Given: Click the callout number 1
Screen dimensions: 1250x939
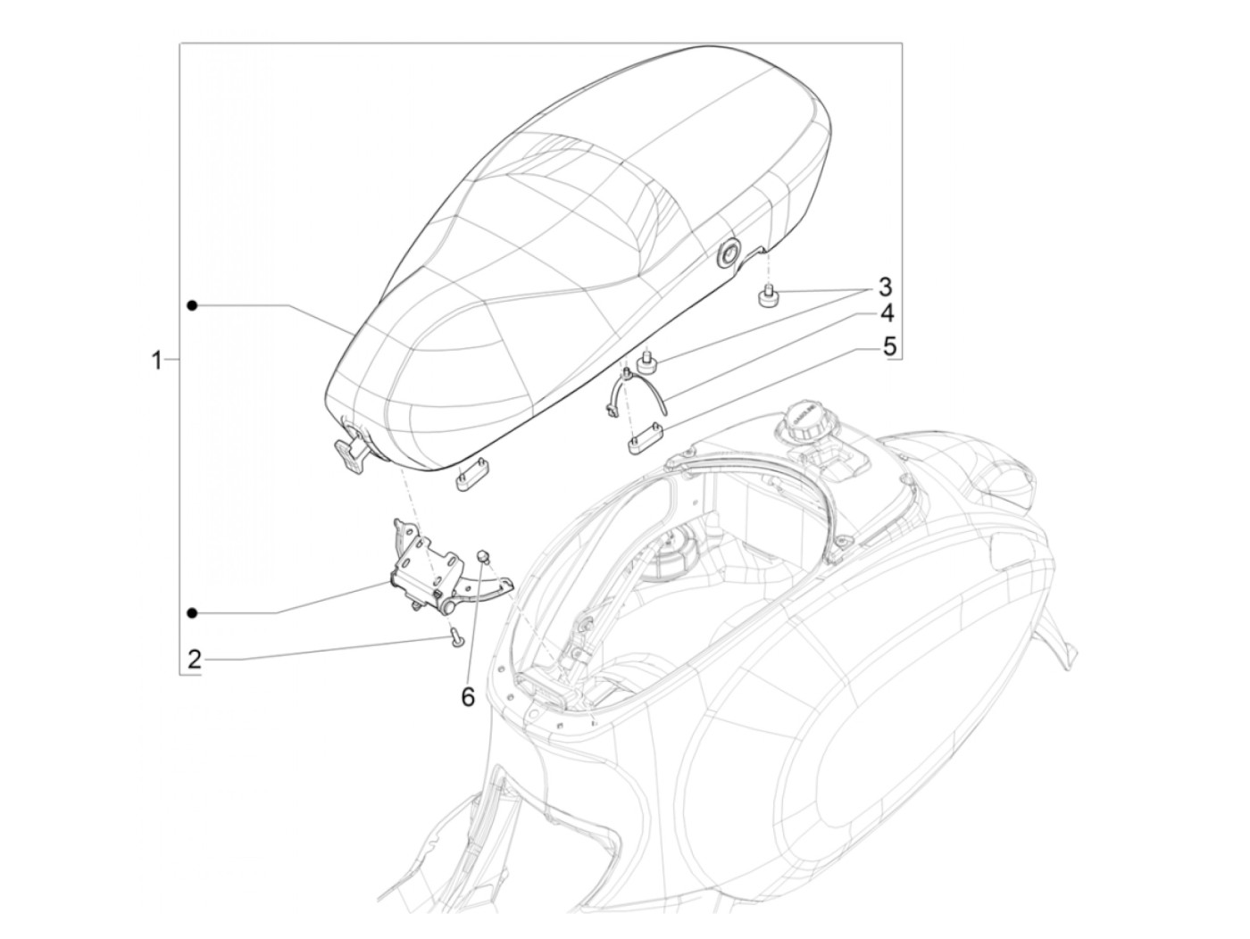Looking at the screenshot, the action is click(x=157, y=361).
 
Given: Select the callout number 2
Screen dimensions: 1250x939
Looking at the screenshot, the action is click(x=195, y=661).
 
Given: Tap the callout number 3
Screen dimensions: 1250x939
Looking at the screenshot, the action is click(x=884, y=287).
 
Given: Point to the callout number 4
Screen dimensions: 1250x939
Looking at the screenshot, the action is click(x=886, y=314).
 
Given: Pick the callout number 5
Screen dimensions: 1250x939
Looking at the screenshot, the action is click(x=888, y=346).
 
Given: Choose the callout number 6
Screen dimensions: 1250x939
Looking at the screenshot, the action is click(x=468, y=695).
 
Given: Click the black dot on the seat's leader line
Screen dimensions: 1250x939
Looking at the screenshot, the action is click(x=192, y=306).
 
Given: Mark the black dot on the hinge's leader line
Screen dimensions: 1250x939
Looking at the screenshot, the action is click(x=192, y=612).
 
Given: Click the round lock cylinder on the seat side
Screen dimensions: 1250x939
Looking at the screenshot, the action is click(x=728, y=254).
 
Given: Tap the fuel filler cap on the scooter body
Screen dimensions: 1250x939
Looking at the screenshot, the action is click(x=804, y=420).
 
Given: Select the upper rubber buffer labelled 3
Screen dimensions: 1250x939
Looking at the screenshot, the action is click(x=767, y=295).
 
